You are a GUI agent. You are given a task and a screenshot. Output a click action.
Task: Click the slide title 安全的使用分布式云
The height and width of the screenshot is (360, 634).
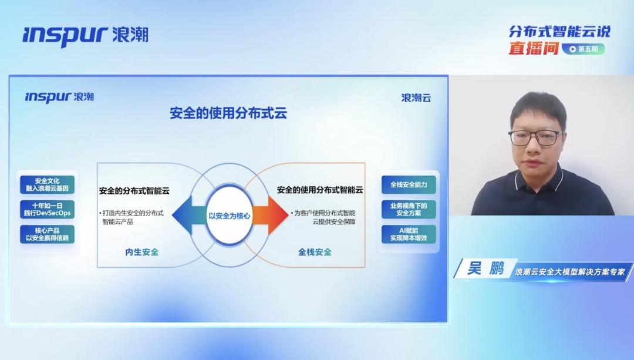point(228,113)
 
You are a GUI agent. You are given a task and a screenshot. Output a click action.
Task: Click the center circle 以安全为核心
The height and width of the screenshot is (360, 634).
point(230,216)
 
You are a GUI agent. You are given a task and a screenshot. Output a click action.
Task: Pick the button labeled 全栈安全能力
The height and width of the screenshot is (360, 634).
point(409,185)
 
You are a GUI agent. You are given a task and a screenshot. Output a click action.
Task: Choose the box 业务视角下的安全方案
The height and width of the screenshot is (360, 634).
point(409,209)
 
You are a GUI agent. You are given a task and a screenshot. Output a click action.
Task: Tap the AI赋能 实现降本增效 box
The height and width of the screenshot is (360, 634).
point(409,234)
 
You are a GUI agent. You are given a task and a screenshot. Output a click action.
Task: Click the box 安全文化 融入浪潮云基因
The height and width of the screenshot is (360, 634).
point(48,184)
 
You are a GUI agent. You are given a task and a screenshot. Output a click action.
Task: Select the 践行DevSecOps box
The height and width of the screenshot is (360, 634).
point(48,209)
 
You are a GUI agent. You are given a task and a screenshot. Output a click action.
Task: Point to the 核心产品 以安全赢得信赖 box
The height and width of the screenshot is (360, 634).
point(48,234)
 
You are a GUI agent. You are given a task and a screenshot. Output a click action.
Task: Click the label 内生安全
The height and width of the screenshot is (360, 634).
point(142,252)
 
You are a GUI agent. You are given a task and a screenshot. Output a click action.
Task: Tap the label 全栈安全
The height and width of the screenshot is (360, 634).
point(315,252)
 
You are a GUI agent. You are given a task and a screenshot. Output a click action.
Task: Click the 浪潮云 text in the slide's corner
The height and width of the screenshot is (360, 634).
point(416,97)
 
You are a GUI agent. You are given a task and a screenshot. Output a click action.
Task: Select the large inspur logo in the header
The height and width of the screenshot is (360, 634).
point(86,36)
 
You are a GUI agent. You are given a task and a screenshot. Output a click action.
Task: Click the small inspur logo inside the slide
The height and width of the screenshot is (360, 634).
point(59,97)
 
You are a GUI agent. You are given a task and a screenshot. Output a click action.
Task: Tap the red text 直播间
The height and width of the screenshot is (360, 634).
point(533,48)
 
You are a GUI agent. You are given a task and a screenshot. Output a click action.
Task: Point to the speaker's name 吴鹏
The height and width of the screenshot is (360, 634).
point(485,268)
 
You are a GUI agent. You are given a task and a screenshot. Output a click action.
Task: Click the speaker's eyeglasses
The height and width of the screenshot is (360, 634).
point(535,137)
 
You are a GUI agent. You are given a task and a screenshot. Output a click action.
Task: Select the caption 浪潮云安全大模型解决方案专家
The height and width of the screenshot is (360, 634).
point(570,272)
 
